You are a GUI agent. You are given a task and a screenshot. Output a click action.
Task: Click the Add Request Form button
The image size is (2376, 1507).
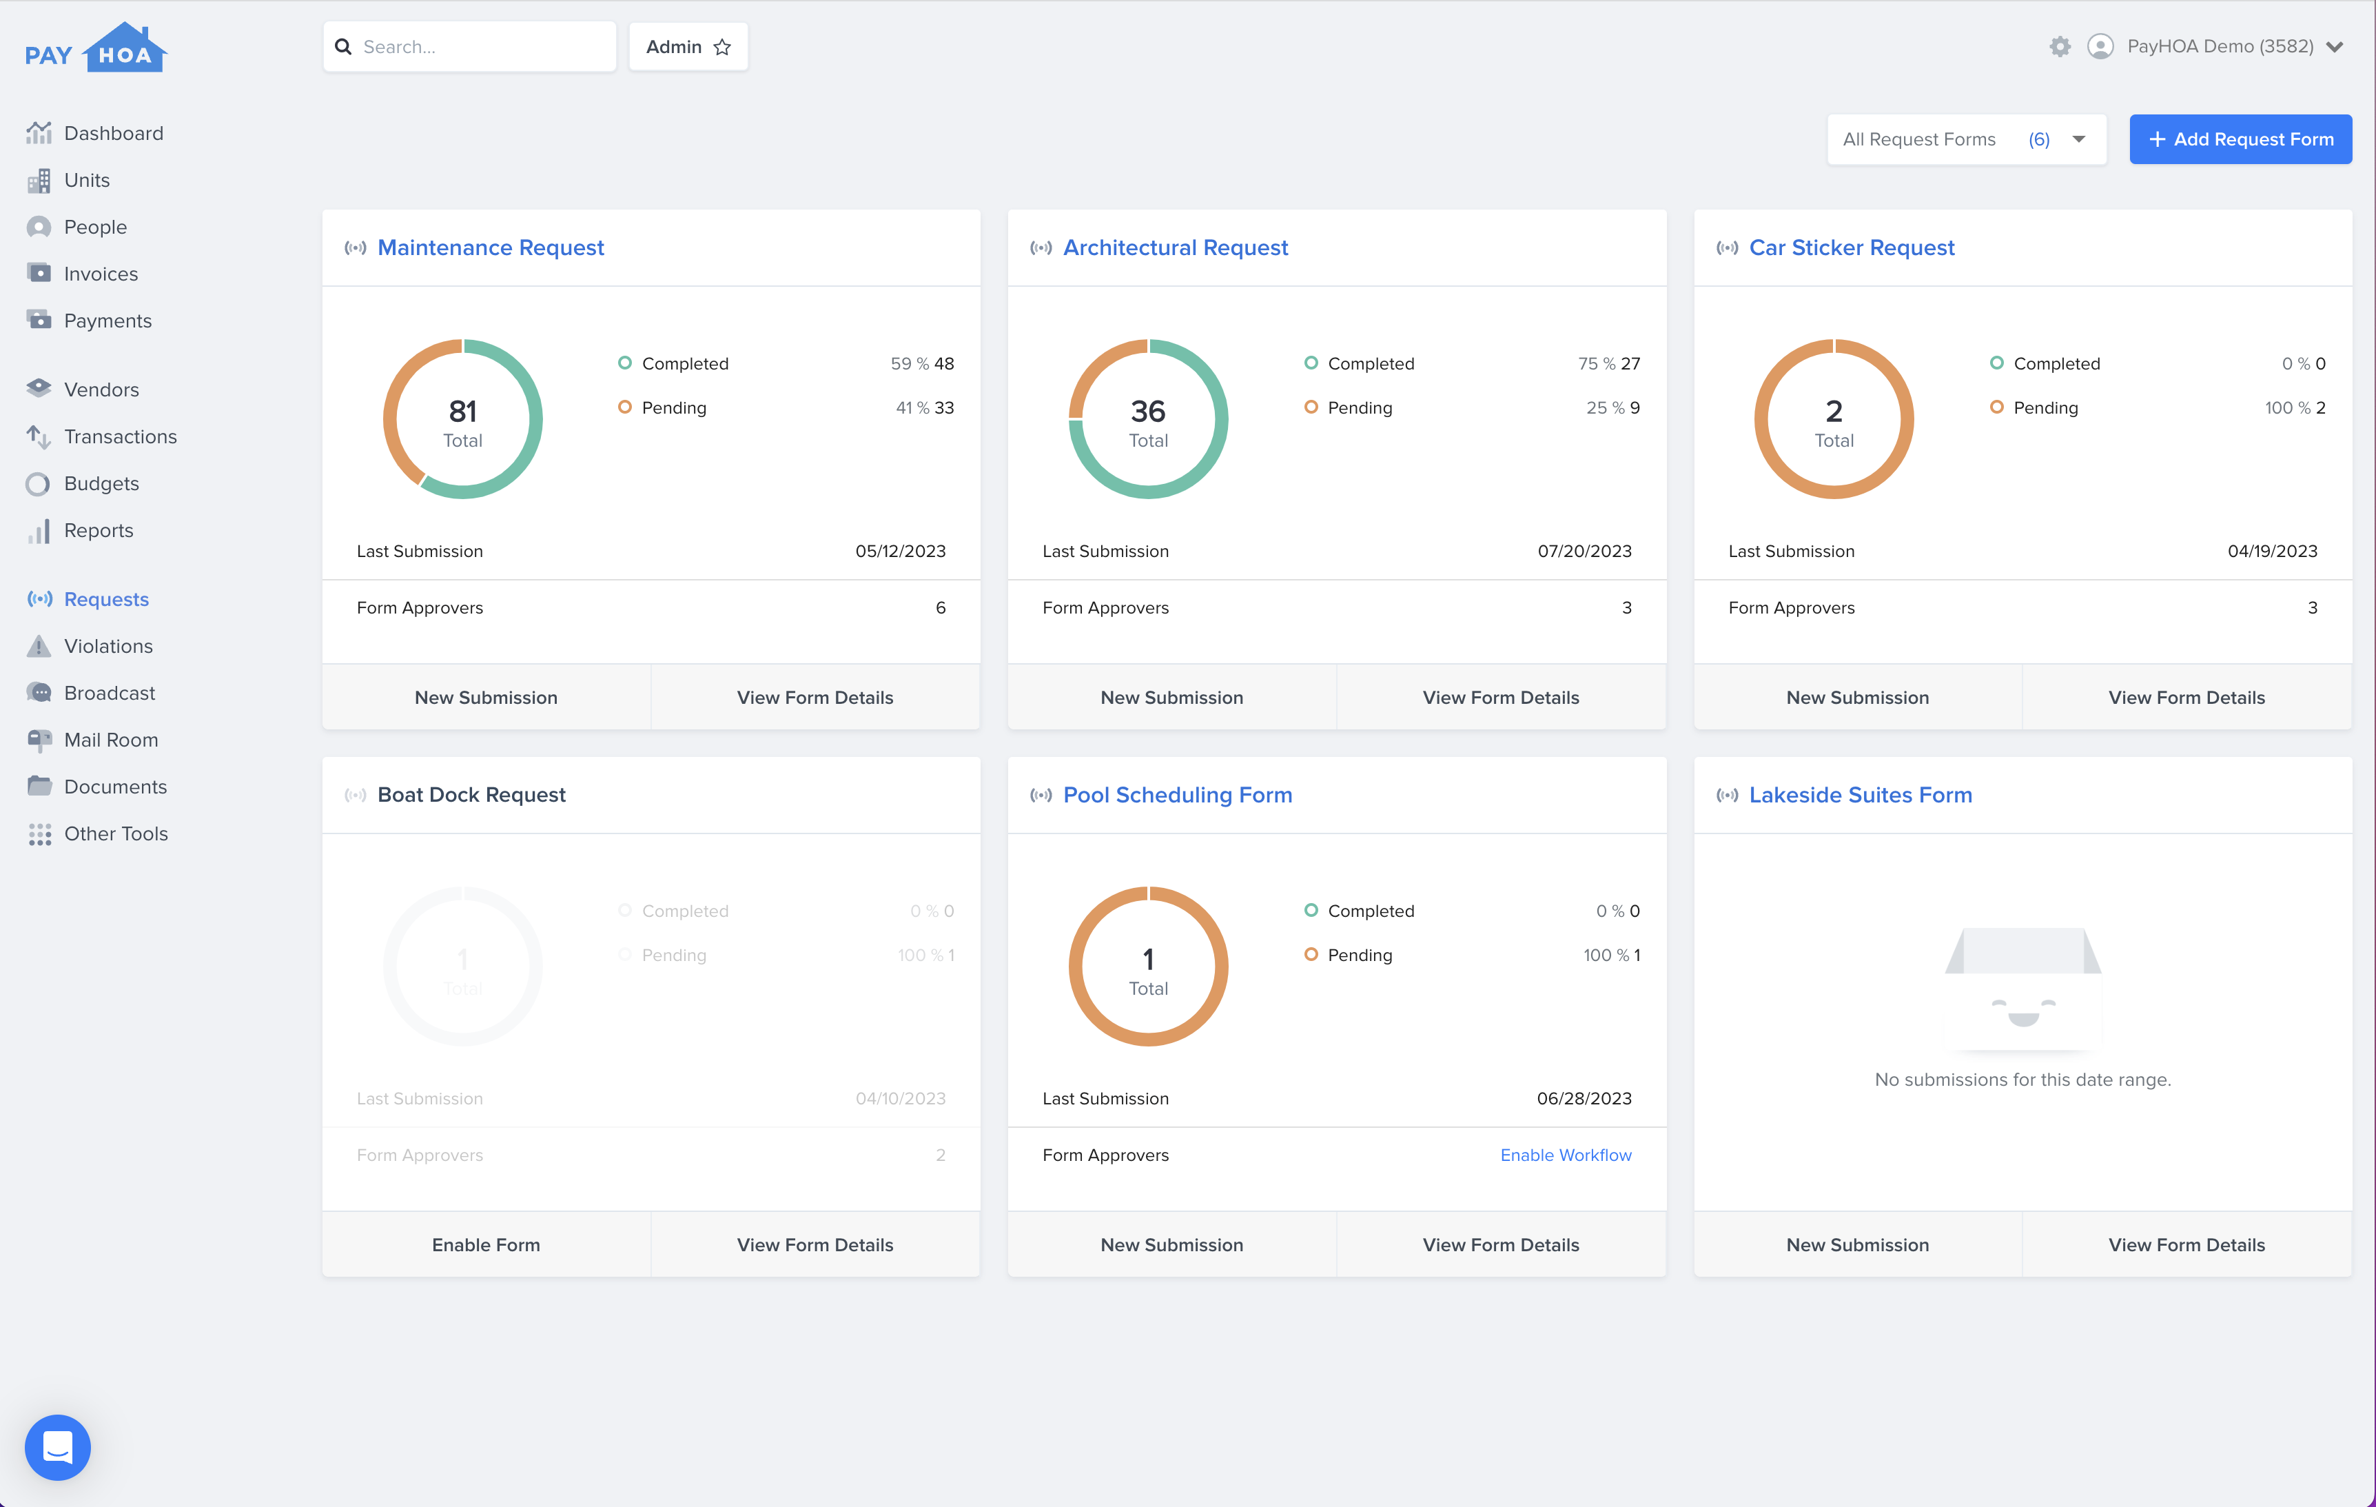(2240, 139)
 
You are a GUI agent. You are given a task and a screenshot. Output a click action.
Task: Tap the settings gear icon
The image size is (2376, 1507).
(2059, 46)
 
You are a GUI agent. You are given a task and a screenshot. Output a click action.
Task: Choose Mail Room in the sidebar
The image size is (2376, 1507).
(110, 740)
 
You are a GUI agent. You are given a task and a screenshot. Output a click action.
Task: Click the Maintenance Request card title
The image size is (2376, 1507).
(491, 247)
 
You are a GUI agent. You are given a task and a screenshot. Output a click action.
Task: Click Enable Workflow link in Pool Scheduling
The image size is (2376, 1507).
(1565, 1155)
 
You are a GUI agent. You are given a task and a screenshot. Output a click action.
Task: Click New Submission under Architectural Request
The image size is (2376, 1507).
(1171, 698)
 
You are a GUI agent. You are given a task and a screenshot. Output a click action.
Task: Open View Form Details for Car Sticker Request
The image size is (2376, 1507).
(2186, 698)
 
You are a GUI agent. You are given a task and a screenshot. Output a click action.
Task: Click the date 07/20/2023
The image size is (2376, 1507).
(1584, 551)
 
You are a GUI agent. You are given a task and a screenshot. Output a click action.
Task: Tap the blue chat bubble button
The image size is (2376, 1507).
(57, 1447)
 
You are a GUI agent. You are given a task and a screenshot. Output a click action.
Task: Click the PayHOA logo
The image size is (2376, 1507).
(96, 50)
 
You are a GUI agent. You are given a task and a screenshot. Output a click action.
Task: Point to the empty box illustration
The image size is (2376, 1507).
(2022, 987)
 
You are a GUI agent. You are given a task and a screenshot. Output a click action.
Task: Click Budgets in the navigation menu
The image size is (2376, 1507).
(101, 483)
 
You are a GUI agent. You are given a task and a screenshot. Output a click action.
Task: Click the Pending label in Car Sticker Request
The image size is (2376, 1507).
(2045, 407)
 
